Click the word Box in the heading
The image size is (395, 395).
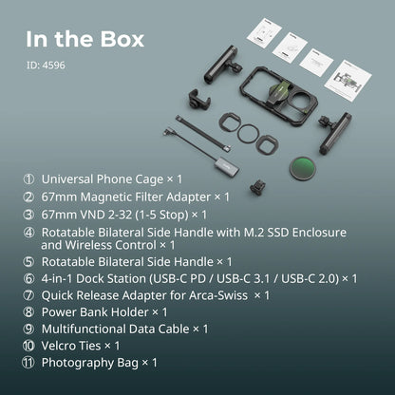tap(122, 39)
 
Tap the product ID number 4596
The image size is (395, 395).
tap(54, 66)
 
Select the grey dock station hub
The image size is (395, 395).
tap(226, 164)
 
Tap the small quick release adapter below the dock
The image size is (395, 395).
tap(257, 186)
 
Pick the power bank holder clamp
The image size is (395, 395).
tap(198, 98)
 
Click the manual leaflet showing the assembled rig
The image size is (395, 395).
tap(348, 81)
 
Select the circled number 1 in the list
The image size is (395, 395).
tap(28, 179)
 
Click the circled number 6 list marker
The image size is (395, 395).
tap(28, 279)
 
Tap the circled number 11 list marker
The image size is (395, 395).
tap(28, 363)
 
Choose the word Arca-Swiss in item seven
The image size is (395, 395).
tap(218, 295)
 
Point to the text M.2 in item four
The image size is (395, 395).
tap(254, 233)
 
